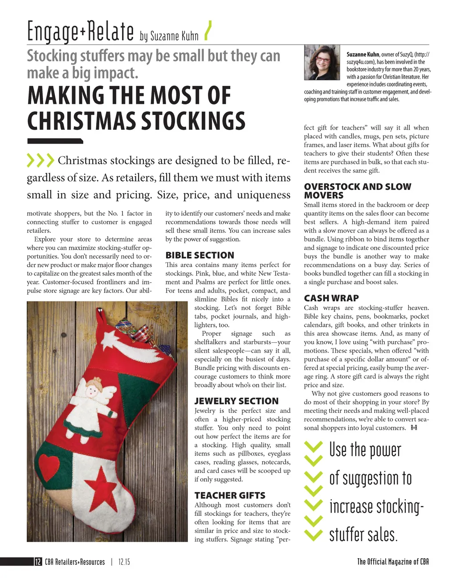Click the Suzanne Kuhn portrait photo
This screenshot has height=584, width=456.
pyautogui.click(x=322, y=62)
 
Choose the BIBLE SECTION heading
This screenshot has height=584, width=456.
pyautogui.click(x=199, y=255)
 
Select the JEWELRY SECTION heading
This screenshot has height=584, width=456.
pyautogui.click(x=236, y=401)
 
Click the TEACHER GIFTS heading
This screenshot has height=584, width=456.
pyautogui.click(x=230, y=496)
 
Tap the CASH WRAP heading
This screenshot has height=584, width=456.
pyautogui.click(x=331, y=298)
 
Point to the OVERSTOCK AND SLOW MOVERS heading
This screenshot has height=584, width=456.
pyautogui.click(x=357, y=191)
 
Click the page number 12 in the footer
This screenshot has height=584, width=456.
pyautogui.click(x=38, y=562)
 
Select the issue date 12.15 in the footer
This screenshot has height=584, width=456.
pyautogui.click(x=124, y=562)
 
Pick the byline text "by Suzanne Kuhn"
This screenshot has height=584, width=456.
pyautogui.click(x=169, y=36)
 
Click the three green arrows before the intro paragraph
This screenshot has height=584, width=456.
pyautogui.click(x=41, y=160)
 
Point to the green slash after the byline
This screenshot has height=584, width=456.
pyautogui.click(x=207, y=31)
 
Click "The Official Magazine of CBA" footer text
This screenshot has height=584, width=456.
pyautogui.click(x=393, y=562)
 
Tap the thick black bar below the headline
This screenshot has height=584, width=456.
pyautogui.click(x=55, y=141)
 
